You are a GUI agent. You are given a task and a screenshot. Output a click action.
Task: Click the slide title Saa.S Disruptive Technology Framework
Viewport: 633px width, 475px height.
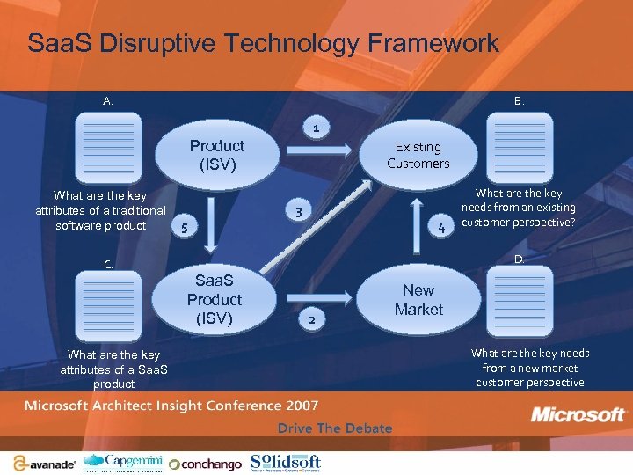(263, 43)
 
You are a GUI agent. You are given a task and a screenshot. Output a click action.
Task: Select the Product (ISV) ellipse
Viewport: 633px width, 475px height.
(216, 155)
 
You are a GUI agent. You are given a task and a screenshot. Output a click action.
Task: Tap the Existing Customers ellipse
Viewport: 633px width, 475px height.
(418, 156)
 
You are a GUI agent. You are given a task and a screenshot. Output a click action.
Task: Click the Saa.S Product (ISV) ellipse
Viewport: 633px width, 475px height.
(214, 299)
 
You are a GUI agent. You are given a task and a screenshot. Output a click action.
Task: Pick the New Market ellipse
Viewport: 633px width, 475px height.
(418, 300)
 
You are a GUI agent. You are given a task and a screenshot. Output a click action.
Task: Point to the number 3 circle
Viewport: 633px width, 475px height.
(299, 211)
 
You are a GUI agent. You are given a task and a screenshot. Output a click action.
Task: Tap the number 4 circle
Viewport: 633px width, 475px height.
(441, 230)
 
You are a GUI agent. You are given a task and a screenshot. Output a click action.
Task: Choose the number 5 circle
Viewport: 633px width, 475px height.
(184, 229)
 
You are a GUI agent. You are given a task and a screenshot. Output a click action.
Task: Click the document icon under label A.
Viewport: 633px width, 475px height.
(107, 147)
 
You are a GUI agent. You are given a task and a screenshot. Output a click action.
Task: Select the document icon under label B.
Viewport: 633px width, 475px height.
(520, 147)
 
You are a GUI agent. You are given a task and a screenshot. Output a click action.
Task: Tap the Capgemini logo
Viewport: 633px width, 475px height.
(123, 462)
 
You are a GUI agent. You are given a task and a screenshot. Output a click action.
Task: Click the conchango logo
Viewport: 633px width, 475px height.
(206, 464)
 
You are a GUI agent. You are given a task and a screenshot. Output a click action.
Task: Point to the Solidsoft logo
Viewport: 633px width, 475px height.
(286, 462)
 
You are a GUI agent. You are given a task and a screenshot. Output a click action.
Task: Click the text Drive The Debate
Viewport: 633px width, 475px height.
(335, 428)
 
